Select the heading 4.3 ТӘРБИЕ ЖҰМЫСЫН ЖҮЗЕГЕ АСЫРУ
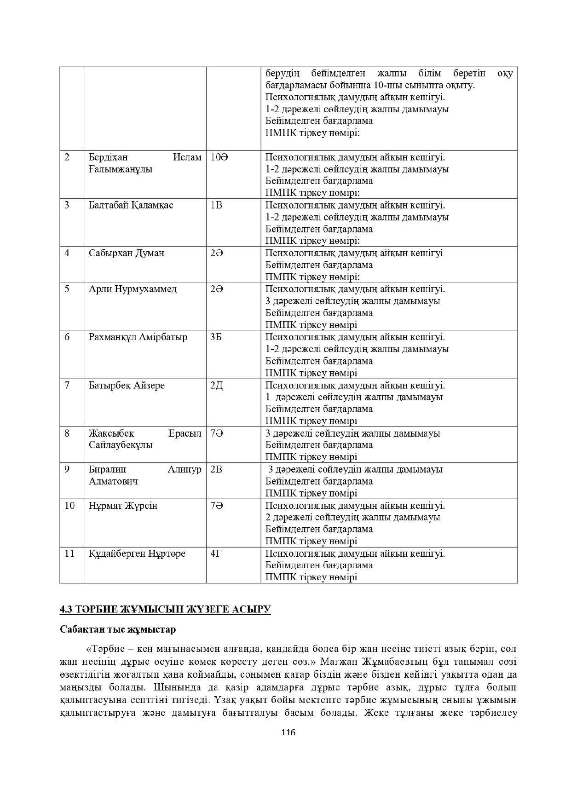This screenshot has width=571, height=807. (x=165, y=610)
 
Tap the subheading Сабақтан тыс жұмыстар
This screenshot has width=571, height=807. (x=118, y=629)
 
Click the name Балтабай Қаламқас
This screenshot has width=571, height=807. (x=131, y=205)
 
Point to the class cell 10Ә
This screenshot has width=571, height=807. (x=219, y=157)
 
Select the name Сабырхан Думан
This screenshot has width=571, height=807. (x=127, y=253)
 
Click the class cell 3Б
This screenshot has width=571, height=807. (x=216, y=337)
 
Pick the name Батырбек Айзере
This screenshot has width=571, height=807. (x=127, y=386)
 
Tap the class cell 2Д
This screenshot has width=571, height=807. (x=217, y=386)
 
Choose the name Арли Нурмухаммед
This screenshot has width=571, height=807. (x=133, y=289)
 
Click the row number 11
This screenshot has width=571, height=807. (x=69, y=553)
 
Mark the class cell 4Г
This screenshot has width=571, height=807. (x=216, y=553)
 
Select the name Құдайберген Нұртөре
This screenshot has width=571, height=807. (x=137, y=553)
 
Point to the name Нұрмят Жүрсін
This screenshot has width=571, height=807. (x=123, y=506)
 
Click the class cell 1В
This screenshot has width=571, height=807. (x=216, y=205)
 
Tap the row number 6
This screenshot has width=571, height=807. (x=67, y=337)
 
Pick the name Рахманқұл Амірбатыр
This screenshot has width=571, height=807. (x=138, y=337)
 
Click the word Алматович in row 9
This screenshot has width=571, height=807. (x=113, y=482)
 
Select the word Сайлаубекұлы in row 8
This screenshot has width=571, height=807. (x=121, y=445)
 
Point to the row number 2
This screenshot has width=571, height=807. (x=67, y=157)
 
